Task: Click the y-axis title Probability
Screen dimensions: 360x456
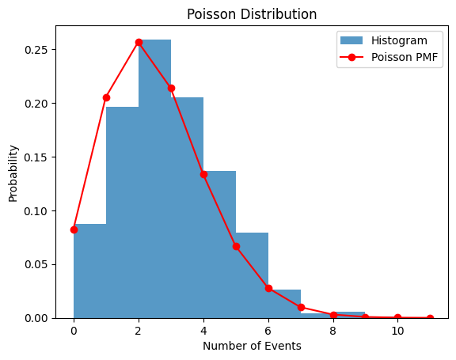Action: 13,172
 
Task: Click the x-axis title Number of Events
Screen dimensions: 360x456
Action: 252,346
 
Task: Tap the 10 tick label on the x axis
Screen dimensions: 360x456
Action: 397,330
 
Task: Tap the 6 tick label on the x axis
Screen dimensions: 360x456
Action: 268,330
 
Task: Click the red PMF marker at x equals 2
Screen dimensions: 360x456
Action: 139,42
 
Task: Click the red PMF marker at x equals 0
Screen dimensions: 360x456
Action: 74,229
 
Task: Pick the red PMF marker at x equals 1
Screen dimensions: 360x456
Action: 106,97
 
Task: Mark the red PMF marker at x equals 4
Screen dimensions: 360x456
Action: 203,174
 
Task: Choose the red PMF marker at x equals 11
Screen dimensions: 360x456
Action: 430,318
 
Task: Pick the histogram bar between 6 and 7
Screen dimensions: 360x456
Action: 284,305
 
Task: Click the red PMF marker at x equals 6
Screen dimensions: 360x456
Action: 268,288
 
